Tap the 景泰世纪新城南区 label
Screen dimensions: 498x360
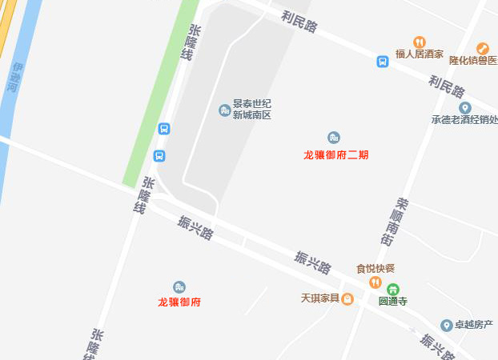252,110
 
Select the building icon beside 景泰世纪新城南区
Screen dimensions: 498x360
224,110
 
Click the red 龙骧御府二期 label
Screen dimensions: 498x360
335,155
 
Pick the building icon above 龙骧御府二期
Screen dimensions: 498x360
333,138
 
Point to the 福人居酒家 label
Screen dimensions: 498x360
420,55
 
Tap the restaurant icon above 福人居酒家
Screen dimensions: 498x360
419,42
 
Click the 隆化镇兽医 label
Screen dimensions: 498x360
473,61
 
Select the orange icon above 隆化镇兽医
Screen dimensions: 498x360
482,48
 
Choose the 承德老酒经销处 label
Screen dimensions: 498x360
464,121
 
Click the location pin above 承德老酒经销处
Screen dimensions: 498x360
464,108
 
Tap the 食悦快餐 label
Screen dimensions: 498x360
376,269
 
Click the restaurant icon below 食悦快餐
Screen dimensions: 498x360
375,282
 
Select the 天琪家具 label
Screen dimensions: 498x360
319,299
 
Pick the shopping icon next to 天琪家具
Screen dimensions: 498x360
347,299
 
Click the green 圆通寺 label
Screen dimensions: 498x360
393,302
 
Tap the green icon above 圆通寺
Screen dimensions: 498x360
392,289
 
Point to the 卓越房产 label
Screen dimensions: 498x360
473,325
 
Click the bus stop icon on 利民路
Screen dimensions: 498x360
383,61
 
